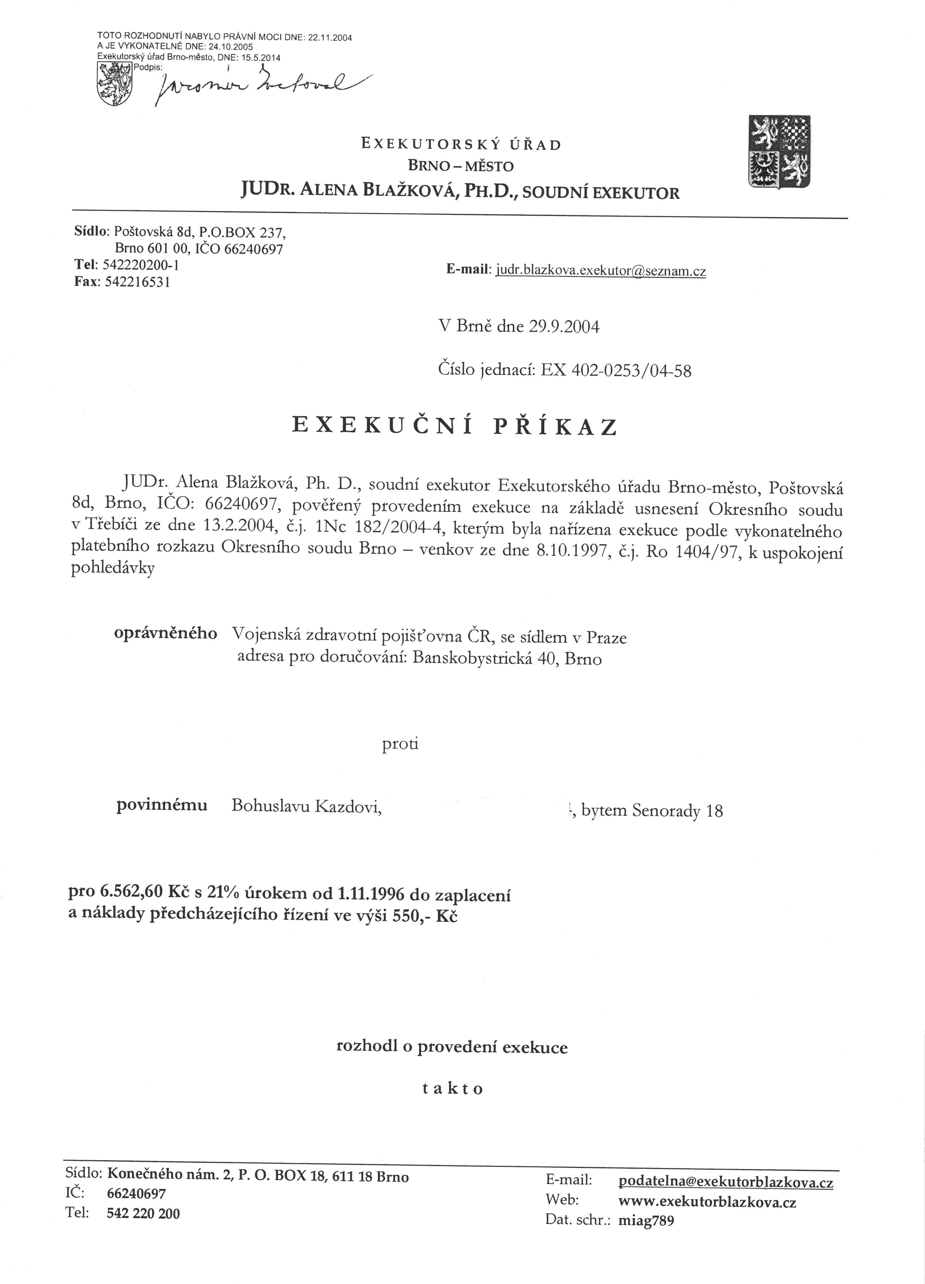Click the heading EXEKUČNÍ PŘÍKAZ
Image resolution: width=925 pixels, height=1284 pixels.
pyautogui.click(x=454, y=426)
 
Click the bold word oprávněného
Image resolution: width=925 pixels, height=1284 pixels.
pyautogui.click(x=165, y=633)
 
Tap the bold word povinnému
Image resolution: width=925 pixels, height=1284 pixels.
pyautogui.click(x=162, y=805)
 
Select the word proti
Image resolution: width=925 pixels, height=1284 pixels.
pyautogui.click(x=400, y=743)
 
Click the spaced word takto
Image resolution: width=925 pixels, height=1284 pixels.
pyautogui.click(x=453, y=1089)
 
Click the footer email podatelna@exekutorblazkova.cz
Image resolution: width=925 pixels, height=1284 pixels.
pyautogui.click(x=726, y=1182)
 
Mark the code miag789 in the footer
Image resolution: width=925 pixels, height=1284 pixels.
pyautogui.click(x=646, y=1221)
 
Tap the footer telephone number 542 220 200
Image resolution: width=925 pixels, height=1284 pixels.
pyautogui.click(x=143, y=1213)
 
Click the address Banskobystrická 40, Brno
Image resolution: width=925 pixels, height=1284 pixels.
pyautogui.click(x=507, y=659)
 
